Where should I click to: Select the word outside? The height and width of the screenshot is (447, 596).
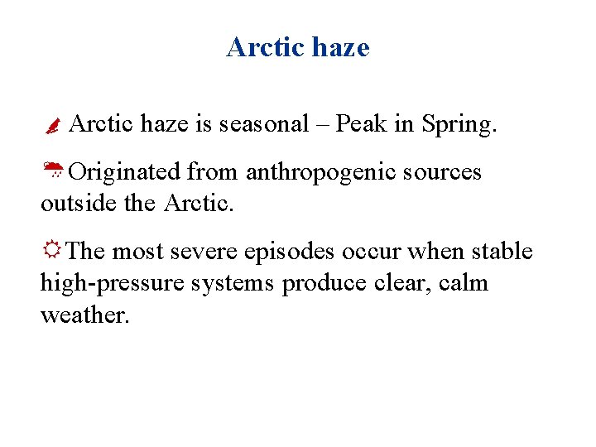(79, 203)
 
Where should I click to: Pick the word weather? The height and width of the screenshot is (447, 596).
(84, 315)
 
